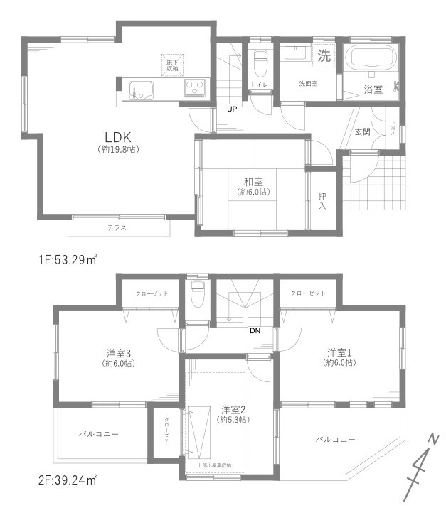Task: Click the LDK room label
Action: [x=117, y=136]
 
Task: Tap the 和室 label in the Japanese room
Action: [x=253, y=182]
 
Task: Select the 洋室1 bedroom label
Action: [x=340, y=352]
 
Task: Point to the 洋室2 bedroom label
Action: [x=233, y=409]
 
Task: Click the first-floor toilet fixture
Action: [x=260, y=58]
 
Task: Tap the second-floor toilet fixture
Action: [x=198, y=289]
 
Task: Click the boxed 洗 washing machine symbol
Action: [x=324, y=56]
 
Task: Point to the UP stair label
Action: [x=232, y=109]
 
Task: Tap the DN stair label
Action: [x=254, y=330]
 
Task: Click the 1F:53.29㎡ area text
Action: [x=68, y=259]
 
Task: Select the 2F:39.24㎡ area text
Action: [x=68, y=480]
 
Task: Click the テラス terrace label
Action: [x=117, y=228]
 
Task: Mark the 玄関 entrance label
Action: [x=362, y=131]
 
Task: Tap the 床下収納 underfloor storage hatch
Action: [x=173, y=64]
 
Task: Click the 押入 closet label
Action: [x=322, y=201]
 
